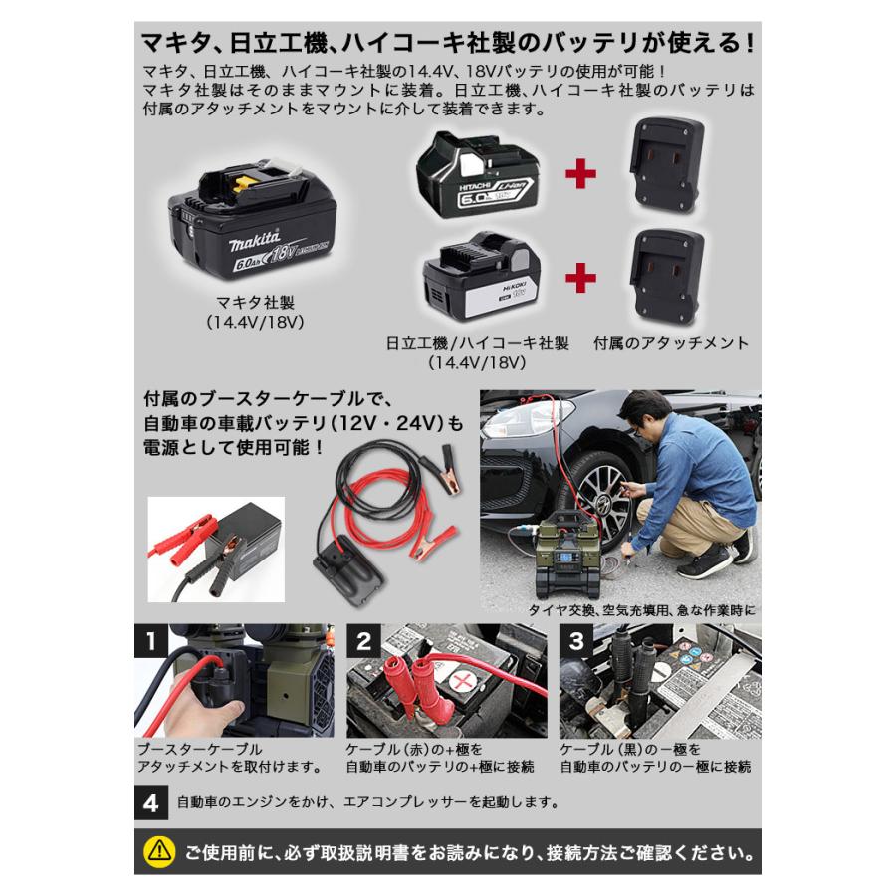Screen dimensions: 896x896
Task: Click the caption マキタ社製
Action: coord(253,302)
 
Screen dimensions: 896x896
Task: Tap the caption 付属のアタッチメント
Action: coord(670,344)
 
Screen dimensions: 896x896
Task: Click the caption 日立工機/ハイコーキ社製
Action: coord(477,344)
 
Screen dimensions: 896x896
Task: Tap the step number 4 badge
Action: coord(150,800)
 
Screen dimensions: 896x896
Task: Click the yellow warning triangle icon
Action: coord(157,851)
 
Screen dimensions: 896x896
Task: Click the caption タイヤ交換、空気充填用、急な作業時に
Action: coord(643,610)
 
